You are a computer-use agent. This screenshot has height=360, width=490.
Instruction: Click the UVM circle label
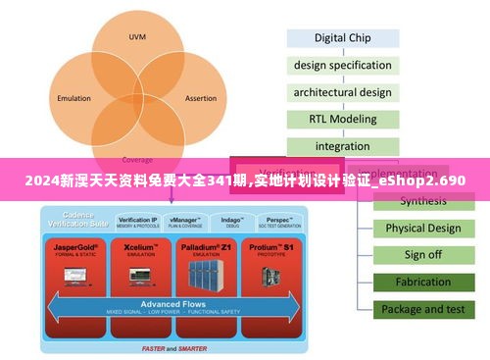pyautogui.click(x=137, y=37)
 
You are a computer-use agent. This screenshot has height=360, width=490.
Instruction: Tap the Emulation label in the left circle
pyautogui.click(x=73, y=98)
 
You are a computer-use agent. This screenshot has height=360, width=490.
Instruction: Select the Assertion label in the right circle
pyautogui.click(x=200, y=98)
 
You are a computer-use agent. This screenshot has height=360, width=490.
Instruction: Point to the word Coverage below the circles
pyautogui.click(x=137, y=159)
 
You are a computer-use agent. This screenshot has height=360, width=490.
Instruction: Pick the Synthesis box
pyautogui.click(x=422, y=201)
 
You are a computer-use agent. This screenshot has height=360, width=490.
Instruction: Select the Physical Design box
pyautogui.click(x=422, y=229)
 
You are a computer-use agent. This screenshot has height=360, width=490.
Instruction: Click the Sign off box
pyautogui.click(x=422, y=255)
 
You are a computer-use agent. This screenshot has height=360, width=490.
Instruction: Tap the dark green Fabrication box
pyautogui.click(x=422, y=283)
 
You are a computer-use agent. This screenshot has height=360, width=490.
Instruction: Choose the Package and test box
pyautogui.click(x=422, y=309)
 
